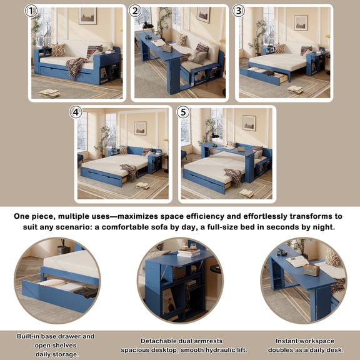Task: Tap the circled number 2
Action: coord(135,11)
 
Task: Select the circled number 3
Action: coord(238,11)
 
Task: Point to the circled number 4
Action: coord(76,112)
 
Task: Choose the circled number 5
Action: coord(182,112)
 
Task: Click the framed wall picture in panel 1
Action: coord(87,16)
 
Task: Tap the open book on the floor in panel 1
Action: coord(49,92)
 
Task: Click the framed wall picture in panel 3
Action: coord(301,22)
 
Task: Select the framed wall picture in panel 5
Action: coord(249,123)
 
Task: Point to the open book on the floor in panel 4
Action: coord(142,186)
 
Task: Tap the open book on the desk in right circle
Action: coord(297,261)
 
